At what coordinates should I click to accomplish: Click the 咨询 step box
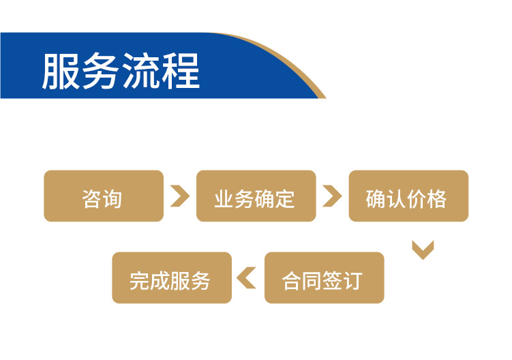pos(104,196)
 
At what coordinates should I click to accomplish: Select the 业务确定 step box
pos(256,196)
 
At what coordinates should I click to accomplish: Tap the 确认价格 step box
pos(408,196)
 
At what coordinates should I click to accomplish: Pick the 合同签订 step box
pos(325,277)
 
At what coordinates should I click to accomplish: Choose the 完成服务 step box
pos(172,277)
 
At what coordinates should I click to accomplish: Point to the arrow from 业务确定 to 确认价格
pos(333,196)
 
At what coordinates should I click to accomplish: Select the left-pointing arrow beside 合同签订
pos(246,278)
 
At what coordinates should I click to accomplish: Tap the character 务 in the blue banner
pos(101,71)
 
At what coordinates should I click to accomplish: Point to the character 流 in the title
pos(140,71)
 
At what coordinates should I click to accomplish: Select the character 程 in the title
pos(181,71)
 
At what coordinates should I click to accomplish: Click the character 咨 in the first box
pos(92,199)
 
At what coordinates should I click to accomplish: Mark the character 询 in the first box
pos(112,199)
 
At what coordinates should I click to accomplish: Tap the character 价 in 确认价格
pos(417,199)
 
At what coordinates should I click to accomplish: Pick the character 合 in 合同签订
pos(292,281)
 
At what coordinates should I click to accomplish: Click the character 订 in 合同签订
pos(352,281)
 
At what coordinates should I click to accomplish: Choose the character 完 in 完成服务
pos(140,281)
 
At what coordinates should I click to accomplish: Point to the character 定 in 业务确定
pos(285,199)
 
